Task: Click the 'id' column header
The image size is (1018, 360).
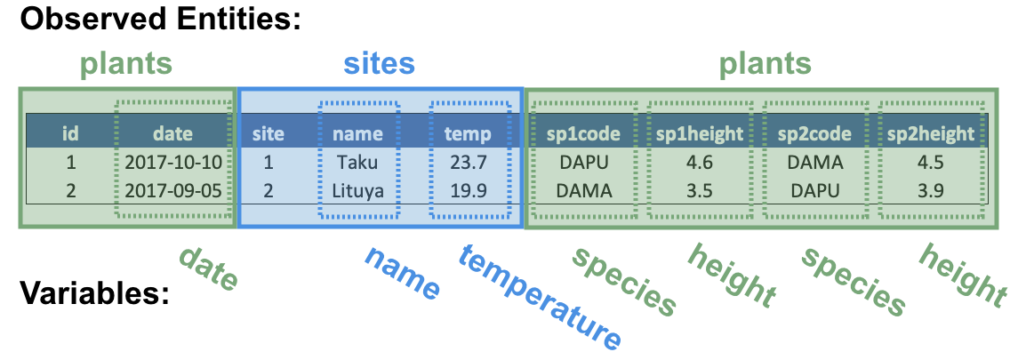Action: click(x=70, y=133)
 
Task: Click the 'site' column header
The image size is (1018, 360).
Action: click(x=269, y=133)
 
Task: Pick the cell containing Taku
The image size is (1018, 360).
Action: click(x=357, y=162)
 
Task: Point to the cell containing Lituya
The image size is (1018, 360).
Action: click(x=357, y=191)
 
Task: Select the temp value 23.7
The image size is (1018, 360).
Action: click(x=468, y=162)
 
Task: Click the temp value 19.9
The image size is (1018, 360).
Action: click(x=468, y=190)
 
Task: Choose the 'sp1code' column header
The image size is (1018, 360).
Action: click(x=583, y=134)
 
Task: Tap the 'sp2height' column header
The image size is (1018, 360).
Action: click(x=930, y=134)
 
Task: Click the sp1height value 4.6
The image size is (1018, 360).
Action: click(x=698, y=162)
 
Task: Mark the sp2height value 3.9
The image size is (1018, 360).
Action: click(x=930, y=190)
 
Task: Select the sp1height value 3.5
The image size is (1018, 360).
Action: click(x=698, y=190)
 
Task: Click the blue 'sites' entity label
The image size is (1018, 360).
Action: click(x=379, y=64)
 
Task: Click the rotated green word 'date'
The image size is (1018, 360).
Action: click(x=208, y=268)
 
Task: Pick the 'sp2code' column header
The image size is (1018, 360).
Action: click(x=814, y=134)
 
